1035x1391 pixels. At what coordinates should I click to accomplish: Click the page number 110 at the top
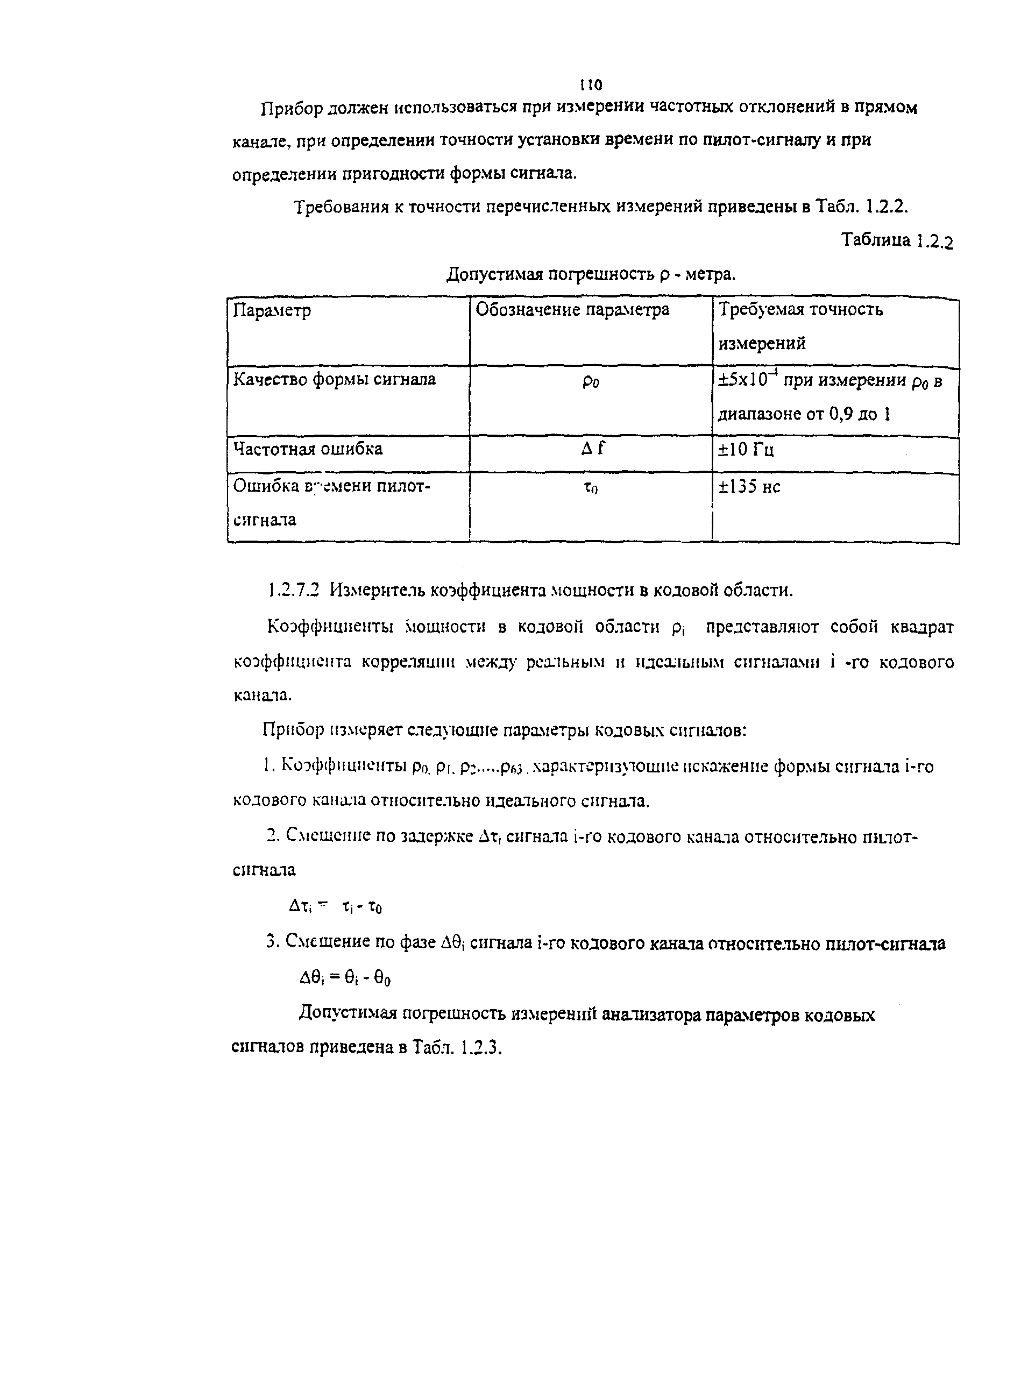click(x=590, y=84)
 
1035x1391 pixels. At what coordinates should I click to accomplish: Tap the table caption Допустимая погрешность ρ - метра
click(x=591, y=274)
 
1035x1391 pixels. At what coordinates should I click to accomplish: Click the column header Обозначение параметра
click(x=572, y=309)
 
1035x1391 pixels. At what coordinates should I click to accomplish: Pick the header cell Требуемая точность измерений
click(x=800, y=325)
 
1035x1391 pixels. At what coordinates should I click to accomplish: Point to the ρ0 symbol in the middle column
click(x=590, y=381)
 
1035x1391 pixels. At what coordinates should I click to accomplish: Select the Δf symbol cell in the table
click(x=592, y=449)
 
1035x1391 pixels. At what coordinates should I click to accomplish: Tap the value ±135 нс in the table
click(x=749, y=487)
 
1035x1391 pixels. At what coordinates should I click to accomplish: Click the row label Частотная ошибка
click(x=308, y=449)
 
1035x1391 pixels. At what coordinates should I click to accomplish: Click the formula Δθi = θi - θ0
click(x=345, y=978)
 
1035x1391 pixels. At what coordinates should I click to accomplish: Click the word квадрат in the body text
click(x=921, y=627)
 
